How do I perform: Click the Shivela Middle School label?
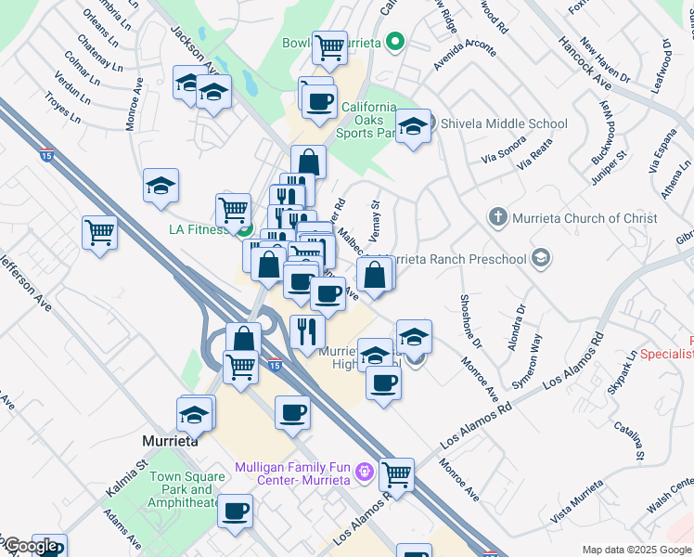click(502, 123)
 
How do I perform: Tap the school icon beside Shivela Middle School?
click(414, 125)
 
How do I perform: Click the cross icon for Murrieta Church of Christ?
click(497, 218)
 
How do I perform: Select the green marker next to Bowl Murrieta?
click(395, 42)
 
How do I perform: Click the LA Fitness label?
click(193, 228)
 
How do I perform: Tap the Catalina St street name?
click(629, 441)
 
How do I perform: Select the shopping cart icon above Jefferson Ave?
click(98, 232)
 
